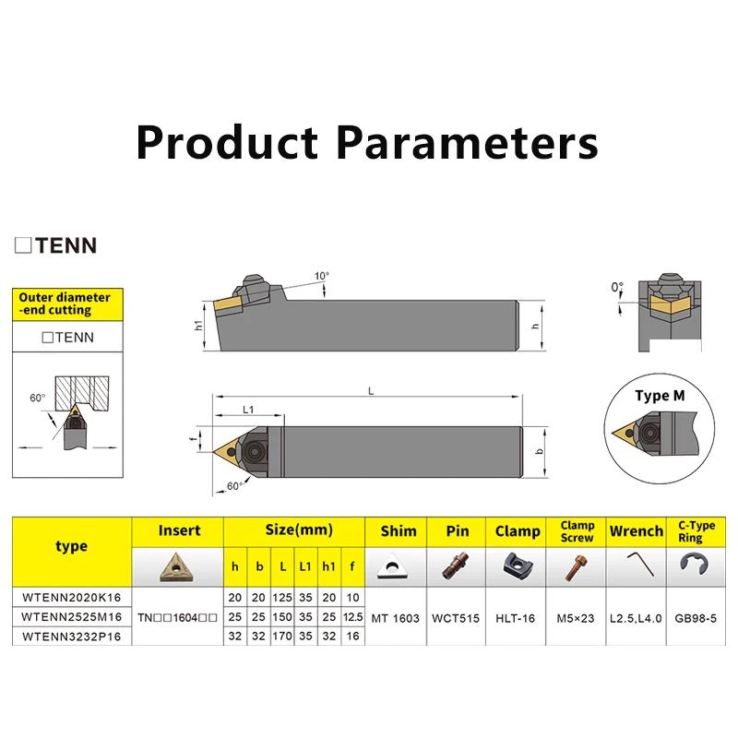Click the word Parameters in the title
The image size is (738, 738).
click(x=468, y=143)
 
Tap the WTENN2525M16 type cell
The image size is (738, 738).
click(x=72, y=616)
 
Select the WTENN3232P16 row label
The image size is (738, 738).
click(x=72, y=637)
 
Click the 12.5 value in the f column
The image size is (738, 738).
click(x=353, y=616)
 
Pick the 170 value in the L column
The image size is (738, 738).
click(x=282, y=637)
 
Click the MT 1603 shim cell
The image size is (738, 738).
click(x=396, y=618)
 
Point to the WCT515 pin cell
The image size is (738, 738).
click(x=456, y=618)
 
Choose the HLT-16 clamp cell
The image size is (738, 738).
click(x=516, y=618)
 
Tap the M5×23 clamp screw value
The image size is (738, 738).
click(x=576, y=618)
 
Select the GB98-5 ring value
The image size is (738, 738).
click(x=696, y=618)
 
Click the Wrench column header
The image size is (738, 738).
click(x=637, y=531)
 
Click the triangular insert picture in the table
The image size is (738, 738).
click(x=177, y=567)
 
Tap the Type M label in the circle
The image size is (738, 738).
click(x=660, y=396)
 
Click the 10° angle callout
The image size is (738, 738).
click(x=322, y=276)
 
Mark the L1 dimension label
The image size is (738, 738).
click(x=248, y=410)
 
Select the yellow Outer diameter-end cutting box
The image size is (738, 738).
click(x=67, y=304)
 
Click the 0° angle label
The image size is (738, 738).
click(x=617, y=287)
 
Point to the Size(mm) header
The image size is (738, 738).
click(x=299, y=530)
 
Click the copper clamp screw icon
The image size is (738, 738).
click(x=576, y=567)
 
